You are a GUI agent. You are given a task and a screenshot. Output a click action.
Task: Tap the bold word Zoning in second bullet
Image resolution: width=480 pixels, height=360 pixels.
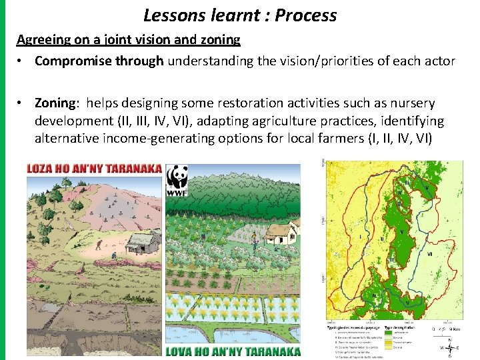click(x=55, y=103)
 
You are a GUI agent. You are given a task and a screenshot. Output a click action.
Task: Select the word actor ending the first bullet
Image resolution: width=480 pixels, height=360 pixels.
click(x=439, y=61)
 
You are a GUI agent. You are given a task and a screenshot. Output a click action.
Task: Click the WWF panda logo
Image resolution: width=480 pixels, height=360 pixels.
click(x=177, y=181)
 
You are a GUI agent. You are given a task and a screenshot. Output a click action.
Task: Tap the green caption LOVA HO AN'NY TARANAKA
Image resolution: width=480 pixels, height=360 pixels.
click(x=233, y=351)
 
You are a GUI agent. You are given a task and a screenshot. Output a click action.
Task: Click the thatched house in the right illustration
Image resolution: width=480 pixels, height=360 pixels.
click(x=281, y=233)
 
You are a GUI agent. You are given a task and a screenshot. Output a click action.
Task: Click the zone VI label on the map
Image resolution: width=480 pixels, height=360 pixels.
click(x=429, y=254)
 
